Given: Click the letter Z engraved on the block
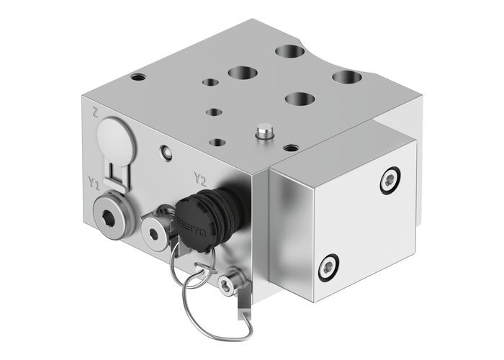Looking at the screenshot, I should click(x=96, y=112).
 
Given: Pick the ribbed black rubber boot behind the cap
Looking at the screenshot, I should click(x=228, y=197).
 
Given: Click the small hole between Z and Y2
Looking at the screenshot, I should click(x=166, y=152).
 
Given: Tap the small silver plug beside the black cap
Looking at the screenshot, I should click(x=155, y=228).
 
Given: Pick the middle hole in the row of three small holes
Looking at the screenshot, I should click(x=215, y=112).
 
